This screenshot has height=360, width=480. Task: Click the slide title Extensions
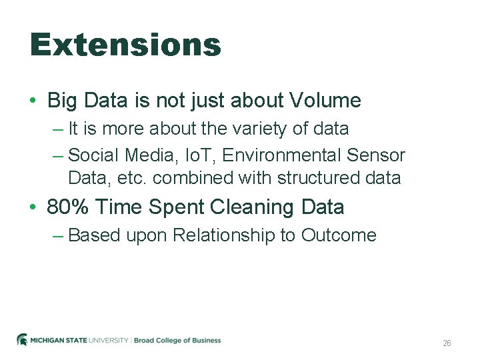[125, 45]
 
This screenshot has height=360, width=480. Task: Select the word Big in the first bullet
[63, 101]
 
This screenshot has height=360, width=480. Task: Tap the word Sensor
[376, 155]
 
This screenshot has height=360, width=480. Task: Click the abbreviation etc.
[134, 178]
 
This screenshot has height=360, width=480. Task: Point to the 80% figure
[69, 207]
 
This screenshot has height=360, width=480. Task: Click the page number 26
[447, 343]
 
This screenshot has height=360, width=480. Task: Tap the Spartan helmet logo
[22, 340]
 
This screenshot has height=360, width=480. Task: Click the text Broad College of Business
[177, 340]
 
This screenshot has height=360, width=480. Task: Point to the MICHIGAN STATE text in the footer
[59, 340]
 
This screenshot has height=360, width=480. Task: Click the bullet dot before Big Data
[33, 101]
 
